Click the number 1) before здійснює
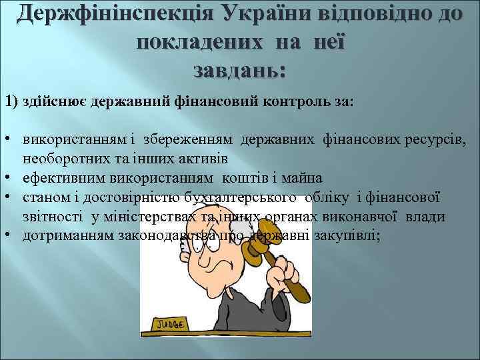point(12,101)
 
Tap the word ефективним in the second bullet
point(59,179)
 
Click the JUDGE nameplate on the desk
point(171,324)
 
